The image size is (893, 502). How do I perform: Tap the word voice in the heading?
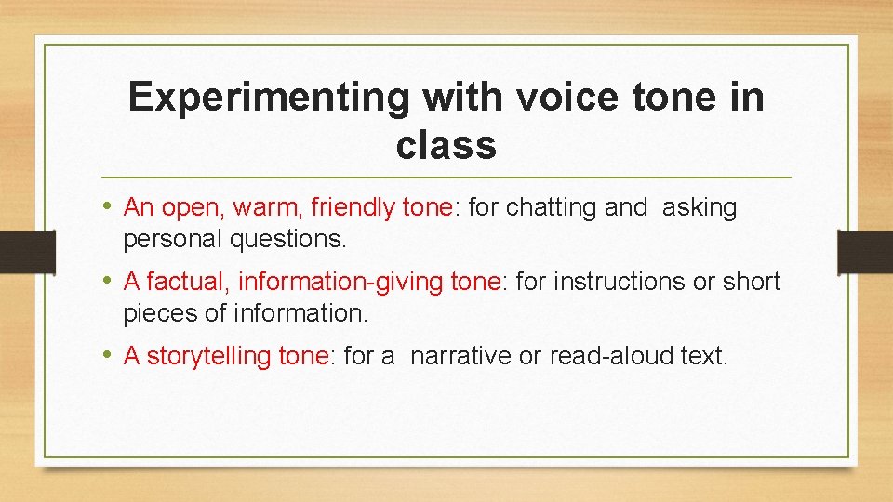565,97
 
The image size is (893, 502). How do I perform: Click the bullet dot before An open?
111,206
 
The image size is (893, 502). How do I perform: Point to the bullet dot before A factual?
111,281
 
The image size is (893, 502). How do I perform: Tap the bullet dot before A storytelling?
111,355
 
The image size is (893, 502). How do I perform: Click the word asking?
700,207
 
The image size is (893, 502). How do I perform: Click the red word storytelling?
209,356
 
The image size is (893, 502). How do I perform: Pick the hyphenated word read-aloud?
611,356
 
